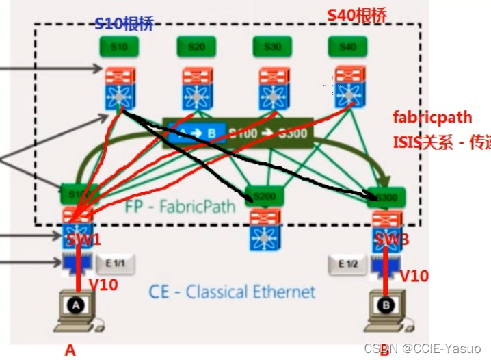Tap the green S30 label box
tap(272, 47)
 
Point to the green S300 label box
tap(386, 197)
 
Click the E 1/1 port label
tap(110, 262)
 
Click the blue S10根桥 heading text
tap(123, 25)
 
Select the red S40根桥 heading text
tap(357, 14)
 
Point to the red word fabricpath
tap(432, 117)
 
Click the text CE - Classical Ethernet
tap(233, 292)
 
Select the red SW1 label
tap(83, 240)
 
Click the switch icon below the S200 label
tap(265, 229)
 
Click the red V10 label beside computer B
tap(414, 276)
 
